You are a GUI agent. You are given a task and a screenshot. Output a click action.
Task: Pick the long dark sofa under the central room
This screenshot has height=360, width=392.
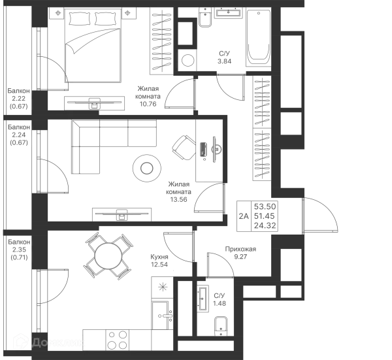123,212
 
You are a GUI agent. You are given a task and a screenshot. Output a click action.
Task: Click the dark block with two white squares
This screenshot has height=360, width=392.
257,216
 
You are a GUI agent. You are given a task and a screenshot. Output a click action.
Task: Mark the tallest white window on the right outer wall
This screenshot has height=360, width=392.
290,72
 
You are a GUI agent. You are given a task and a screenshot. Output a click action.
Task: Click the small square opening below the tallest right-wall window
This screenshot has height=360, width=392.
290,122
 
